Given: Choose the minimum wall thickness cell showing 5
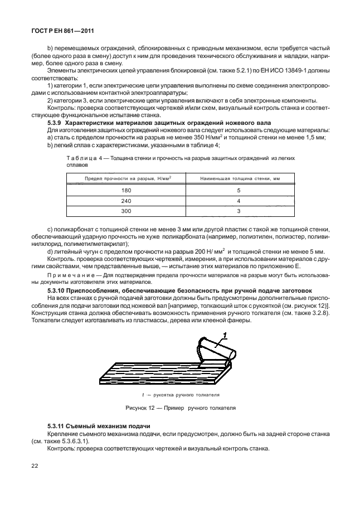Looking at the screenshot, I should tap(238, 190).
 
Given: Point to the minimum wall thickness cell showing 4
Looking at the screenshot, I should tap(238, 201).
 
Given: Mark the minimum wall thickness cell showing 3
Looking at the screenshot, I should tap(238, 211).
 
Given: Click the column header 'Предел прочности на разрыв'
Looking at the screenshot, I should tap(128, 178).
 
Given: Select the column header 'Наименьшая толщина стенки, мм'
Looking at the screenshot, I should tap(237, 178).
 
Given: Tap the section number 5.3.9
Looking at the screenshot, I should tap(55, 122).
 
